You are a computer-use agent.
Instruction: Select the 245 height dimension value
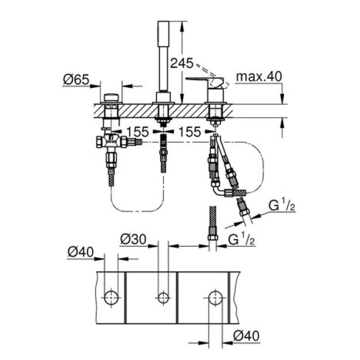[x=183, y=64]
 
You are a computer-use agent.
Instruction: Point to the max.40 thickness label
[x=259, y=77]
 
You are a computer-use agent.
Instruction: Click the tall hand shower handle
[x=163, y=57]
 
